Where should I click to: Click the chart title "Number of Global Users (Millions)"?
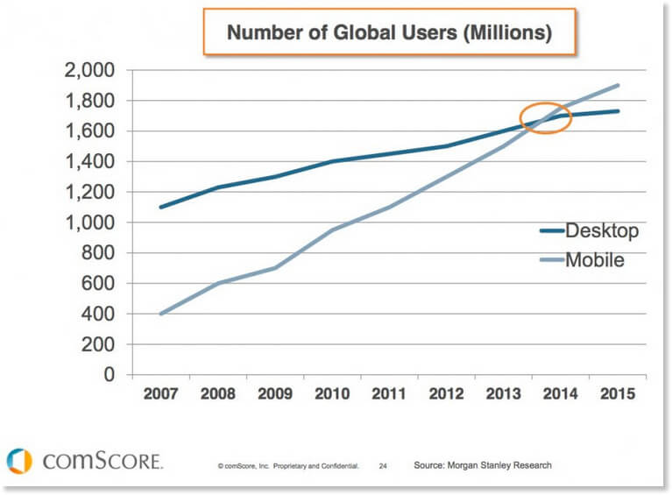click(390, 34)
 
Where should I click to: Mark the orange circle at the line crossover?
click(546, 119)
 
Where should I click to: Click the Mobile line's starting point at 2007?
click(159, 314)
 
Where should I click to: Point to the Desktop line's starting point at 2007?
click(159, 207)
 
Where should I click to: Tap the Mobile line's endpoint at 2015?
click(619, 85)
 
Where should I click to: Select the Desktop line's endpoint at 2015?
click(619, 111)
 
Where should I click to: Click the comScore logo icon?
click(19, 461)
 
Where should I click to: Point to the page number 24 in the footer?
click(383, 466)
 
